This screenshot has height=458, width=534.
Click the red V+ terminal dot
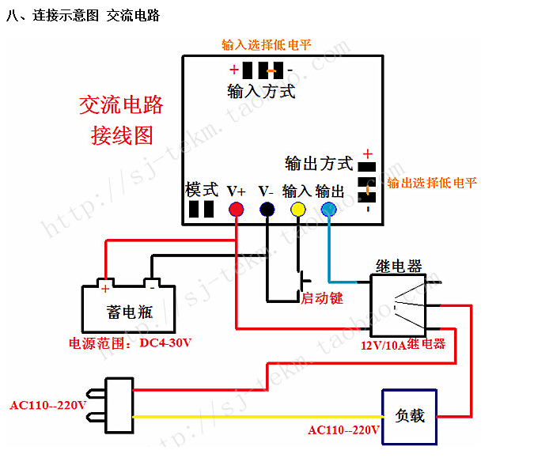236,210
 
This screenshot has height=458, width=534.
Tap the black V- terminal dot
267,210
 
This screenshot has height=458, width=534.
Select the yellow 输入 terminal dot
297,210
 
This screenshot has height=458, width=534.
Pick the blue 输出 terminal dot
329,210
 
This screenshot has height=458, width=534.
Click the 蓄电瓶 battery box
128,310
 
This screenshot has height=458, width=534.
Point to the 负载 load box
409,414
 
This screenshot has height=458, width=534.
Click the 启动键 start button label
322,298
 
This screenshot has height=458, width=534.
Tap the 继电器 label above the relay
399,267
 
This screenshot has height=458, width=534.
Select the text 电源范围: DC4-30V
131,343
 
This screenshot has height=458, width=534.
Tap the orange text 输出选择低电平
432,183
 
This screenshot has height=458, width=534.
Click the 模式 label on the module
202,190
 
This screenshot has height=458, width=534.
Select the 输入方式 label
261,92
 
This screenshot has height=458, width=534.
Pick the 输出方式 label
319,164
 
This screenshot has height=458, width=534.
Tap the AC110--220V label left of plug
48,406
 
